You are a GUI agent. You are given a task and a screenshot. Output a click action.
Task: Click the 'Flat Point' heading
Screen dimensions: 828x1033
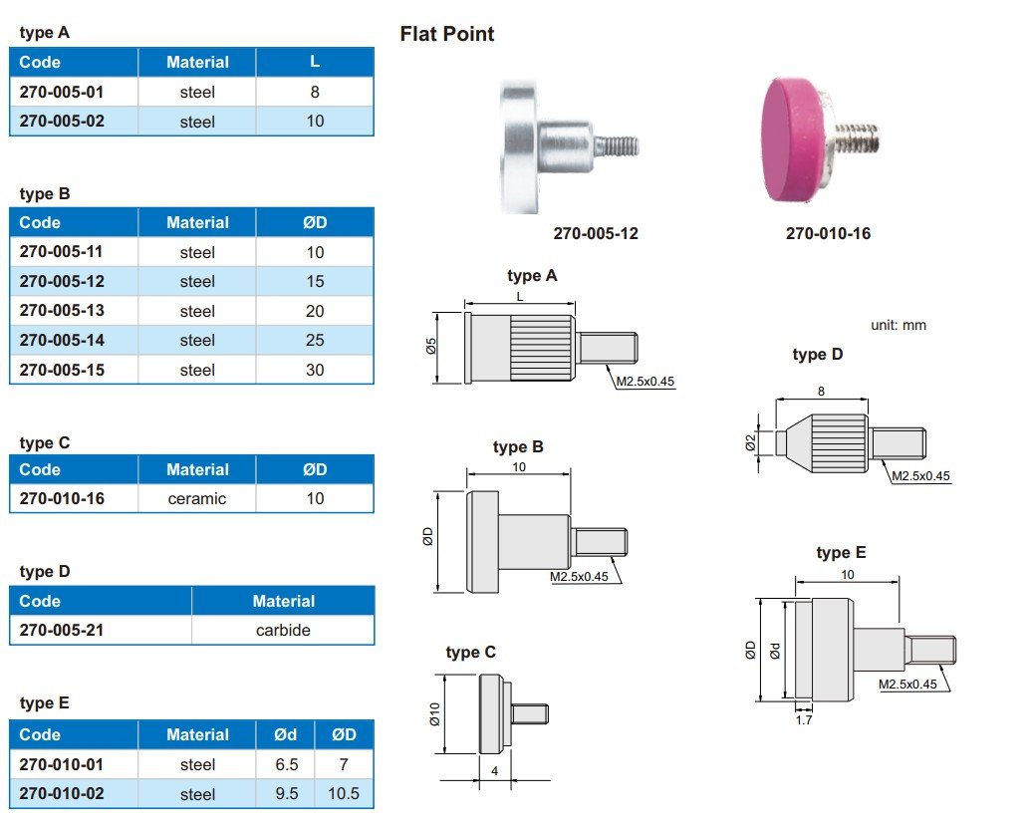447,34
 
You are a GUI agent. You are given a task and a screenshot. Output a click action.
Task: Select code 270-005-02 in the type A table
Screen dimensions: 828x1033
61,122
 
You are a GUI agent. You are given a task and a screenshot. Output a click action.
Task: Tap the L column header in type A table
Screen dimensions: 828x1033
315,62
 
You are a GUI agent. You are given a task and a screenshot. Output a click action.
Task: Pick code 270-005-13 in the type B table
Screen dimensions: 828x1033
61,311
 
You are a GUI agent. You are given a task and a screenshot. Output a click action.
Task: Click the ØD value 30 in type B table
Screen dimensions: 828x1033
315,370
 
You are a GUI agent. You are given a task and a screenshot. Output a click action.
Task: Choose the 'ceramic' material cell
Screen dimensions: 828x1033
197,498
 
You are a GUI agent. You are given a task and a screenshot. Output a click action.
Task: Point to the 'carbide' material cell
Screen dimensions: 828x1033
283,630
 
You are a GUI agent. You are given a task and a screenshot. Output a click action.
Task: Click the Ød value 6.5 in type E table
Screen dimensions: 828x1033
285,764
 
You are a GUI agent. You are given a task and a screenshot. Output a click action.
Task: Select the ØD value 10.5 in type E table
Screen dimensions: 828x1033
343,794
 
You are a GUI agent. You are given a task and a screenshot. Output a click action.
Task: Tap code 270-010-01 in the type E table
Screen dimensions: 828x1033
61,764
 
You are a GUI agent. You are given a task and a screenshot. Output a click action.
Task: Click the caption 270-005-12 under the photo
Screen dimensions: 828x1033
596,234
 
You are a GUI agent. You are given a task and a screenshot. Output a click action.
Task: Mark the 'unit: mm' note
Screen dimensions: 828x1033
899,325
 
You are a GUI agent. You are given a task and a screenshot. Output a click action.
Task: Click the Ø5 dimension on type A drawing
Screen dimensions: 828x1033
430,347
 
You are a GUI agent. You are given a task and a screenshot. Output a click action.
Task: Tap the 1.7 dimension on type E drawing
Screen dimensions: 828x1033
804,718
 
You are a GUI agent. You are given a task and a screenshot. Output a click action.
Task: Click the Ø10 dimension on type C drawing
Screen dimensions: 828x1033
434,714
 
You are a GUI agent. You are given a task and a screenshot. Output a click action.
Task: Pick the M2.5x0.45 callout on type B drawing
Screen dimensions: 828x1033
579,577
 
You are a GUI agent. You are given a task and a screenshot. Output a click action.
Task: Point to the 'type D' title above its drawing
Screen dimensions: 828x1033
818,355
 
